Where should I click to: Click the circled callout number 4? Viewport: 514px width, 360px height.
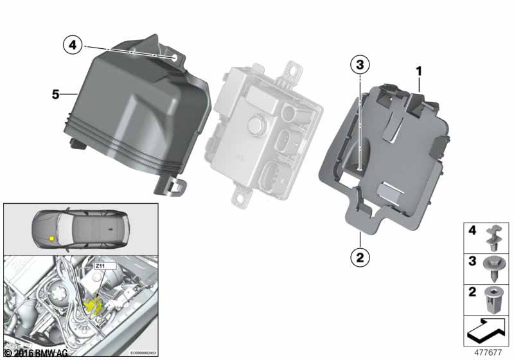click(x=73, y=44)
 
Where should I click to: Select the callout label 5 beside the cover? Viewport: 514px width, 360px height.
click(x=56, y=94)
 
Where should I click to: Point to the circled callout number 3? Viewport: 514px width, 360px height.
click(x=360, y=65)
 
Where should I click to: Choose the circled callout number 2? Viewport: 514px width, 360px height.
click(x=359, y=258)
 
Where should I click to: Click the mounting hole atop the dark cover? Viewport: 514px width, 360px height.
click(x=174, y=57)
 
